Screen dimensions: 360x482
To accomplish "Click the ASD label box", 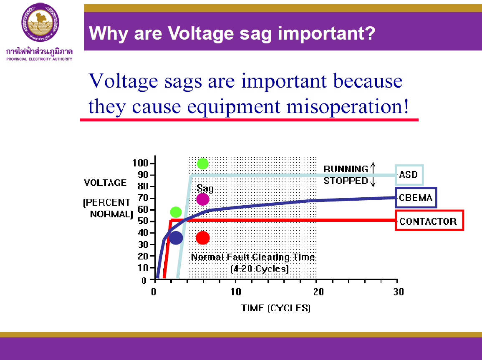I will [409, 174].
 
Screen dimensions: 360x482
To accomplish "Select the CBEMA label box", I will [416, 198].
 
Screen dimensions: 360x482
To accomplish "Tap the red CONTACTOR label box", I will [429, 221].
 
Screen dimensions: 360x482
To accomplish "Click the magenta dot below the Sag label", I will [202, 199].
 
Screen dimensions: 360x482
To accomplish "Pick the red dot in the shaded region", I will [202, 238].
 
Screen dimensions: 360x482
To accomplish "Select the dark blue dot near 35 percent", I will [176, 238].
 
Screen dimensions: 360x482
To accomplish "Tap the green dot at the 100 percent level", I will [202, 164].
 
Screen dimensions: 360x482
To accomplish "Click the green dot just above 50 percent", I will [176, 212].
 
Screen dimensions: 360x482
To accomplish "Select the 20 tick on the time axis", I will [317, 291].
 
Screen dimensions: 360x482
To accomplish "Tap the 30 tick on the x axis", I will [398, 291].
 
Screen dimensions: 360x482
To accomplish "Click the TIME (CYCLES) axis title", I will [276, 308].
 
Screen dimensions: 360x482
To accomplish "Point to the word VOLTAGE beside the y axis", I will [105, 183].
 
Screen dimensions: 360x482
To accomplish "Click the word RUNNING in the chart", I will [346, 169].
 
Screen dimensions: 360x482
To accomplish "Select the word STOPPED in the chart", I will [346, 181].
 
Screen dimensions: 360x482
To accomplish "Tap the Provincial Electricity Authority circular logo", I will [40, 22].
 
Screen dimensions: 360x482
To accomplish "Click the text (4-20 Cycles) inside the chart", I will [259, 269].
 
